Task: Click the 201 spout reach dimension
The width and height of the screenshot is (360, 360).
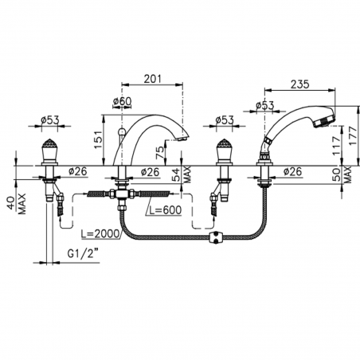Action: tap(152, 79)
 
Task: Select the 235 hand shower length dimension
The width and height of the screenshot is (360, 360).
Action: tap(300, 84)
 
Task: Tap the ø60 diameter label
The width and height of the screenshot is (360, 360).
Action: tap(122, 101)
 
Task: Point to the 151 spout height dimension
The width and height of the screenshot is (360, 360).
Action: tap(99, 139)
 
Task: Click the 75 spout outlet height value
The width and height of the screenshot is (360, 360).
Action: tap(160, 153)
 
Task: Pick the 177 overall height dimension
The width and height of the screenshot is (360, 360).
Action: tap(354, 135)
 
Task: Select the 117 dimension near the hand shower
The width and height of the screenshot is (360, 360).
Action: tap(336, 146)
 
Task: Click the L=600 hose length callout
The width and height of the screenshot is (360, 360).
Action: tap(165, 209)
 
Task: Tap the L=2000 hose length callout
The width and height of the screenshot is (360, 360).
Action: tap(100, 233)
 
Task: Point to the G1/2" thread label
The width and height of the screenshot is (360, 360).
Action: tap(83, 254)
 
